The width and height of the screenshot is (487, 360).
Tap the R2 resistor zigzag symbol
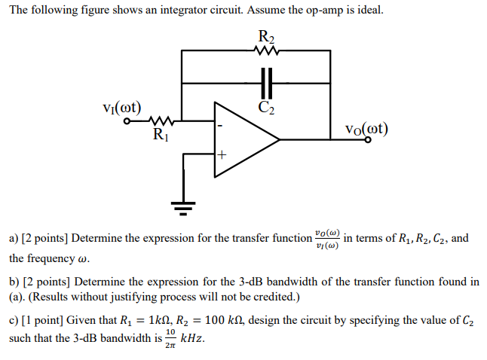point(266,52)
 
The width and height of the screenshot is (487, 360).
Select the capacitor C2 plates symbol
point(266,81)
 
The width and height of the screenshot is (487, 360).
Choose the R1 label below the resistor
point(161,136)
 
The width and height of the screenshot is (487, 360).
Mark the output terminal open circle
point(368,139)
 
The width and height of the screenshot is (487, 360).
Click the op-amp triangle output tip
point(280,139)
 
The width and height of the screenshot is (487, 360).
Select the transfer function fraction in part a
point(327,239)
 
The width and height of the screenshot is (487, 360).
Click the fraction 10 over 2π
point(171,338)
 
